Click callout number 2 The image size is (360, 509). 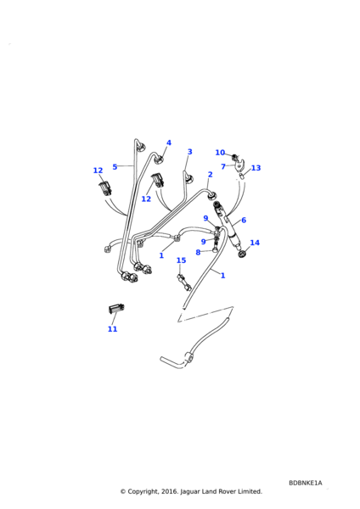click(x=210, y=175)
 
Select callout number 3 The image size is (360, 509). click(x=189, y=152)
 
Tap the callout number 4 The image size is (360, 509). click(x=168, y=143)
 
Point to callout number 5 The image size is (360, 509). click(x=115, y=166)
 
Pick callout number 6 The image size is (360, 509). click(x=243, y=220)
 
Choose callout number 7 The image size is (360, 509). click(x=223, y=166)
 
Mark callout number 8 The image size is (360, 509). click(x=198, y=252)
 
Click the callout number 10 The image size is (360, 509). click(x=220, y=153)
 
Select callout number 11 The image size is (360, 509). click(x=112, y=329)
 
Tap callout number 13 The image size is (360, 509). click(x=256, y=168)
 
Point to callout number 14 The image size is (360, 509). click(x=255, y=243)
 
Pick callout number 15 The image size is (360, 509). click(x=181, y=260)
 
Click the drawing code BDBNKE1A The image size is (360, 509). click(x=305, y=482)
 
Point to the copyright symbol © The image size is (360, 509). click(x=122, y=491)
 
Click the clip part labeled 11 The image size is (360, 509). click(x=115, y=310)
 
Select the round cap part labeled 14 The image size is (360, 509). click(x=245, y=255)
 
